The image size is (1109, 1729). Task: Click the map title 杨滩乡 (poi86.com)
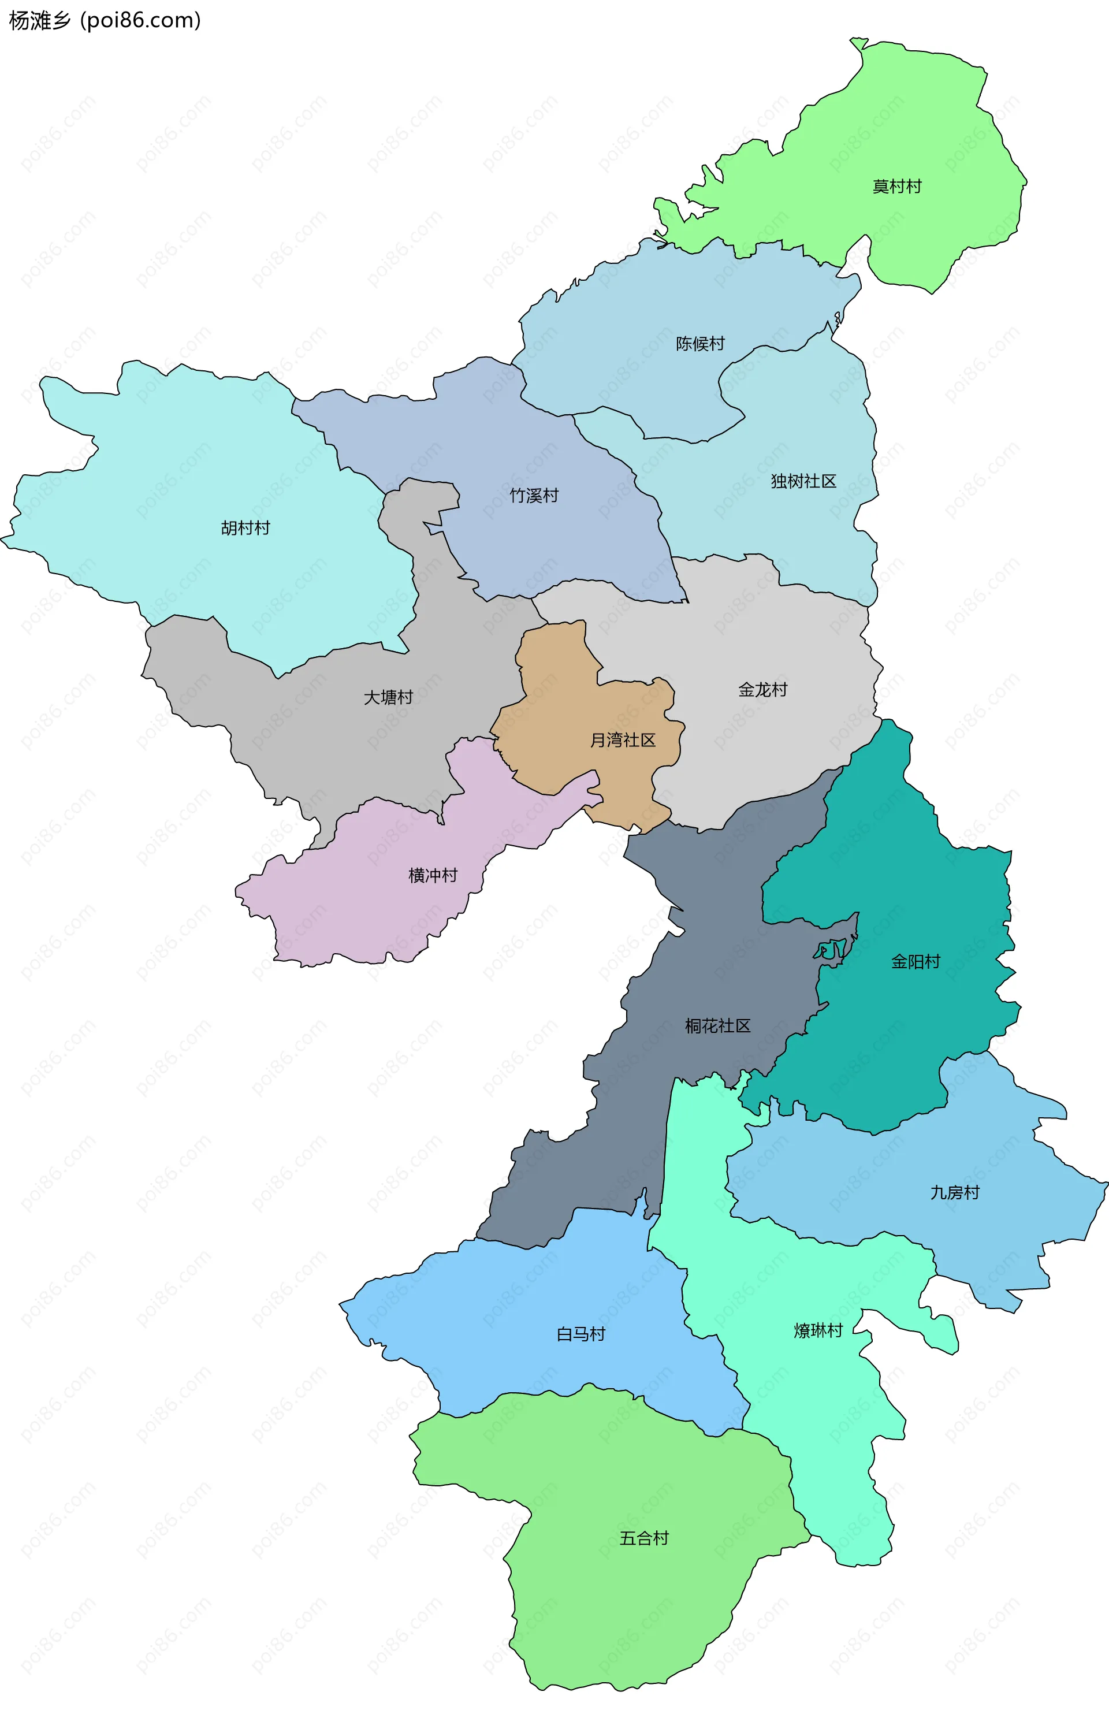(105, 20)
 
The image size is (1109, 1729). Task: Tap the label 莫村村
(896, 187)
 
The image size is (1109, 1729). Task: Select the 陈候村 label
(700, 344)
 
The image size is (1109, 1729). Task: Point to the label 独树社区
(803, 481)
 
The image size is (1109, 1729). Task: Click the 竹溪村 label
(534, 496)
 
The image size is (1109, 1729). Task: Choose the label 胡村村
(245, 528)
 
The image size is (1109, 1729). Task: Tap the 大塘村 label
(388, 697)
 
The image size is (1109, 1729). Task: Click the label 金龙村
(762, 690)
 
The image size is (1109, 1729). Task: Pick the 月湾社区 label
(622, 740)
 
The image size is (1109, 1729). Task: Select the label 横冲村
(433, 875)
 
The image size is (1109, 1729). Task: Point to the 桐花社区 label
(717, 1026)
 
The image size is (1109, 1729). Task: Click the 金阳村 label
(916, 961)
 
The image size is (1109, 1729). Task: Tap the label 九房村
(954, 1192)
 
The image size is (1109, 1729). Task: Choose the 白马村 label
(580, 1334)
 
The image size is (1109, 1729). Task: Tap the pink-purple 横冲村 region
(374, 900)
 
